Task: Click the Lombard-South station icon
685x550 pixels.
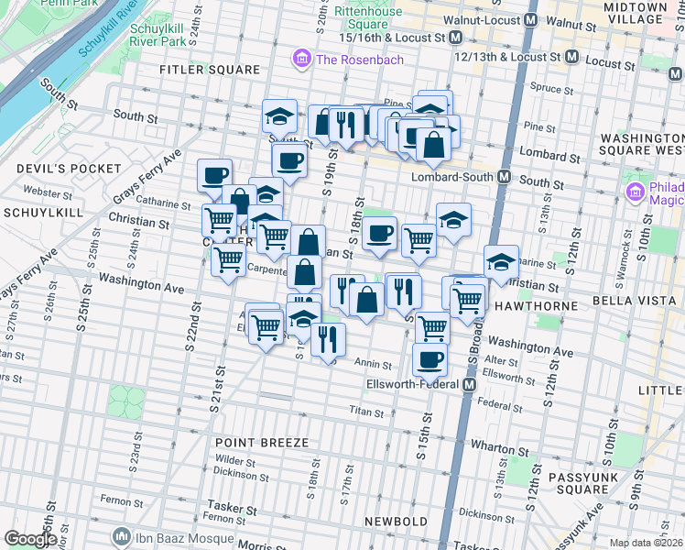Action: [x=504, y=177]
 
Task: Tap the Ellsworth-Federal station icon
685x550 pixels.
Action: [x=469, y=385]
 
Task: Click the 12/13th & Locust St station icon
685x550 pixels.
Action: [x=572, y=57]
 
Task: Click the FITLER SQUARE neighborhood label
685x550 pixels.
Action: [x=210, y=70]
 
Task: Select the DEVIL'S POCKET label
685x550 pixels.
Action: [x=69, y=169]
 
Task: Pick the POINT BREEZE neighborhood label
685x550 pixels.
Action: [x=261, y=443]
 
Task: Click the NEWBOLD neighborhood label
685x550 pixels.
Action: [x=397, y=521]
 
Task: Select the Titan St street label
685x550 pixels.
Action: [x=364, y=412]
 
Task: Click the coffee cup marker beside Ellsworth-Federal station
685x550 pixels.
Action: [x=429, y=359]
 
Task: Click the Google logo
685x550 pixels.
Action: [x=30, y=539]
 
